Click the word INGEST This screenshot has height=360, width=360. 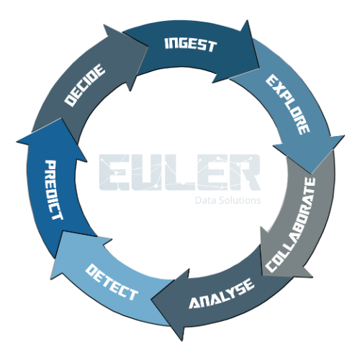[191, 45]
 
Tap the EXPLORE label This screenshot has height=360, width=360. [288, 104]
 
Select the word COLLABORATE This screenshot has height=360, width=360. [290, 225]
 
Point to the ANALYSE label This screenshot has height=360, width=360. [221, 294]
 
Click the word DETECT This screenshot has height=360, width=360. [112, 282]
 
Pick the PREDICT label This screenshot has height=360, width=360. [54, 190]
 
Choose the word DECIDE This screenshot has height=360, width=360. [85, 85]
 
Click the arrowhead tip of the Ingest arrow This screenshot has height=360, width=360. [260, 68]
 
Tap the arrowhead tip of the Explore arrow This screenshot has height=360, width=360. [311, 174]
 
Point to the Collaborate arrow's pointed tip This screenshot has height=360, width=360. [262, 275]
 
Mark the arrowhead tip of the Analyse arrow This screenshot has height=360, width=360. [152, 300]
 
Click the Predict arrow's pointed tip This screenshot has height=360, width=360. [62, 118]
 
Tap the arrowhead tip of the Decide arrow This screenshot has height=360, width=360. [148, 46]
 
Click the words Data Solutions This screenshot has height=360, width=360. [228, 200]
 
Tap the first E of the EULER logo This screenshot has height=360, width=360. [114, 172]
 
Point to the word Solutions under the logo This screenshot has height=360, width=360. [240, 200]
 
